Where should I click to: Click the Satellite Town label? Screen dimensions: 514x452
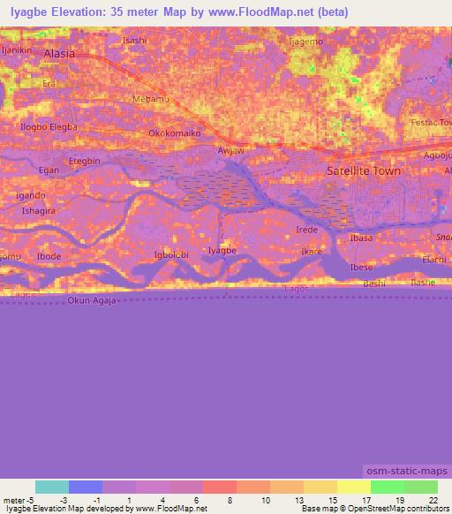point(364,171)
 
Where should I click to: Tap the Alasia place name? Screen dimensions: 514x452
point(60,53)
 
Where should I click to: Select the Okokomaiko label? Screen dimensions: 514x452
point(175,133)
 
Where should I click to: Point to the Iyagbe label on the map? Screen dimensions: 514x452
point(222,251)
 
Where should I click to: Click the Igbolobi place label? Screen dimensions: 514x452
point(172,255)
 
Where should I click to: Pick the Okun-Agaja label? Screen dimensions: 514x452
point(91,301)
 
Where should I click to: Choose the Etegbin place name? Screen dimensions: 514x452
point(85,161)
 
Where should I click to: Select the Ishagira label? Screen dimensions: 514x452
point(39,211)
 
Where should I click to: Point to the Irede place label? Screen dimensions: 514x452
point(307,230)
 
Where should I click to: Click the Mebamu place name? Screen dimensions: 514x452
point(150,99)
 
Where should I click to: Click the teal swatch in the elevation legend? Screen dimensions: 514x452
point(52,487)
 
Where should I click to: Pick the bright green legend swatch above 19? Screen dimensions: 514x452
point(388,487)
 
